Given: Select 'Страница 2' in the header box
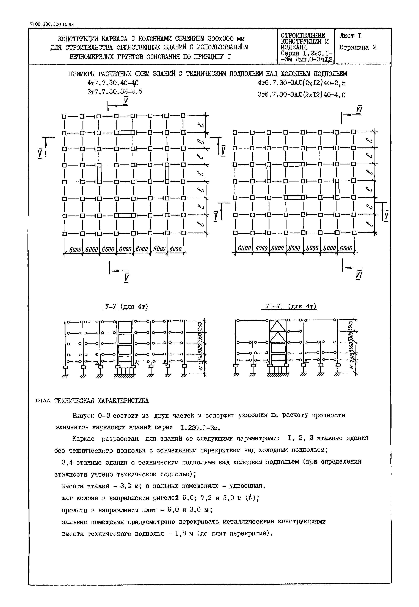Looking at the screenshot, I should tap(358, 47).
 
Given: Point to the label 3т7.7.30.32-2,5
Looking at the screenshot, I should tap(114, 92).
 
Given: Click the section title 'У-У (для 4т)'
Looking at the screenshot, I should tap(125, 306).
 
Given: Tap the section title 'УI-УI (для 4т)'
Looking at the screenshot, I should tap(289, 306).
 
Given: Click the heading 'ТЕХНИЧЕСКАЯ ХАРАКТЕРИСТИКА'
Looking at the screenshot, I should tap(101, 401).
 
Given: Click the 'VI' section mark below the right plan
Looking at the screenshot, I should tap(359, 275).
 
